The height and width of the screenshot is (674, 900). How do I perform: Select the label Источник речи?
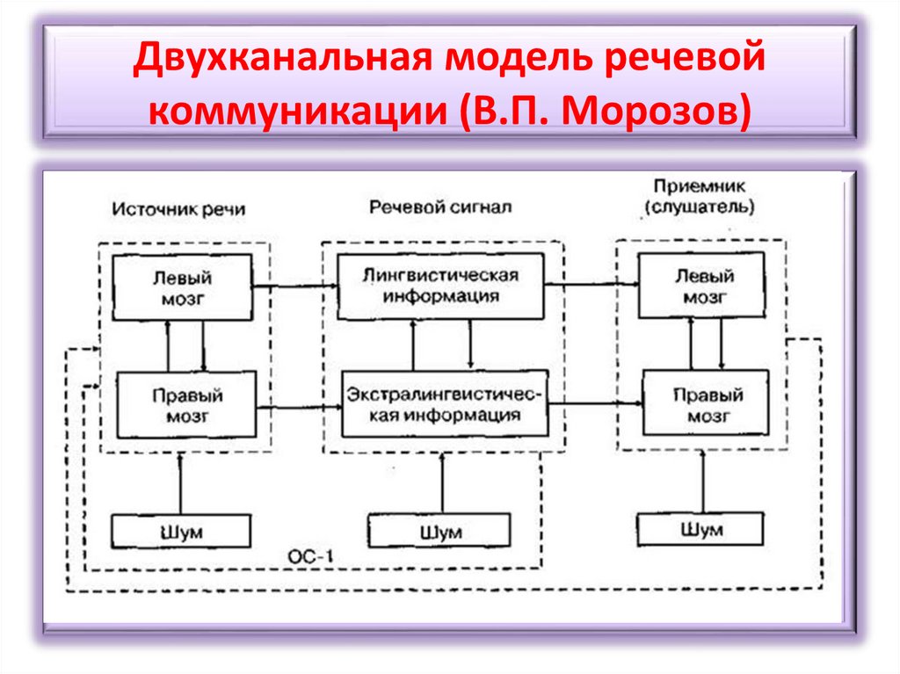[x=178, y=210]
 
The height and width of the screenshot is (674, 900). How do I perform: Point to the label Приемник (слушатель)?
[x=698, y=197]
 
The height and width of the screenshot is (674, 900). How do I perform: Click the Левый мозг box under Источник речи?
[x=184, y=287]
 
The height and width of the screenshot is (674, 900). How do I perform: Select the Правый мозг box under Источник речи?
[x=186, y=404]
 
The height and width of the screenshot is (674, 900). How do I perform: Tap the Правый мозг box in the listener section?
[x=706, y=402]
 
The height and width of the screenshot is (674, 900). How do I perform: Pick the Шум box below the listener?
[x=700, y=530]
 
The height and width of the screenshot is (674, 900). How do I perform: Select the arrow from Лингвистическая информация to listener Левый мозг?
[x=591, y=284]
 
